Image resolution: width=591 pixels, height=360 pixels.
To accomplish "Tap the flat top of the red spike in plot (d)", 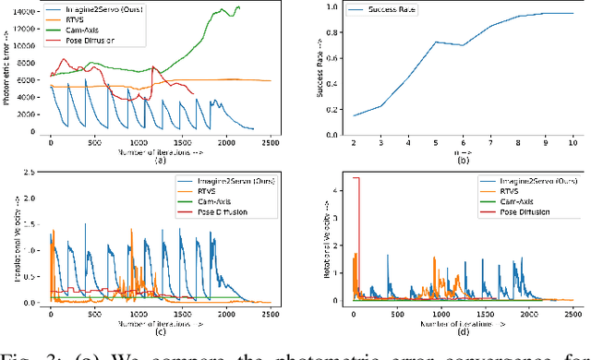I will point(355,178).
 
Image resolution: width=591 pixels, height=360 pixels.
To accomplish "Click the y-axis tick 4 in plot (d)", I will point(332,189).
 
